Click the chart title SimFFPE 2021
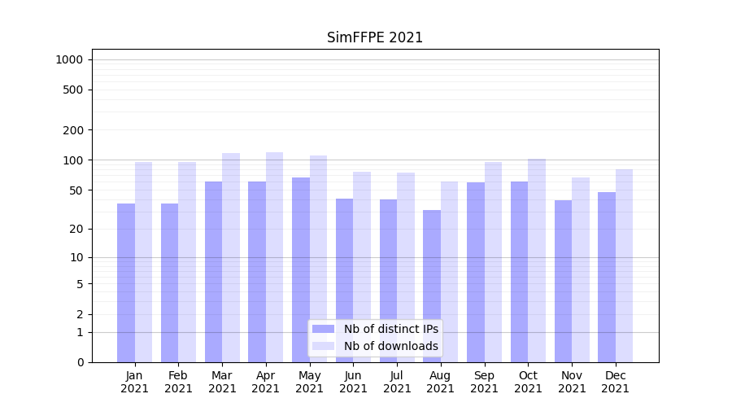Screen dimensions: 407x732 tap(375, 37)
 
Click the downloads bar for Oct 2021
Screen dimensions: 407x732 tap(536, 260)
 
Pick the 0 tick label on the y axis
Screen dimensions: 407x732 tap(80, 362)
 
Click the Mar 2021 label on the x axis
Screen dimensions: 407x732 tap(222, 382)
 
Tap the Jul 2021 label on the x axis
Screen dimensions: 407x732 tap(397, 382)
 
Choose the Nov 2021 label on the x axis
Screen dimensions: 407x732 tap(572, 382)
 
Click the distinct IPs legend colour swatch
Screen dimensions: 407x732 tap(323, 329)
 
